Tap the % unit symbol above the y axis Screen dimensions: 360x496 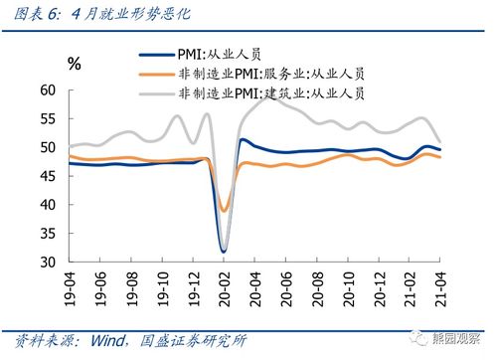(74, 65)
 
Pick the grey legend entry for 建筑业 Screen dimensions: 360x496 (274, 93)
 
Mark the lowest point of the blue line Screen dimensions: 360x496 (225, 251)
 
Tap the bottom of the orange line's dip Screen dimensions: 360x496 (226, 210)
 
